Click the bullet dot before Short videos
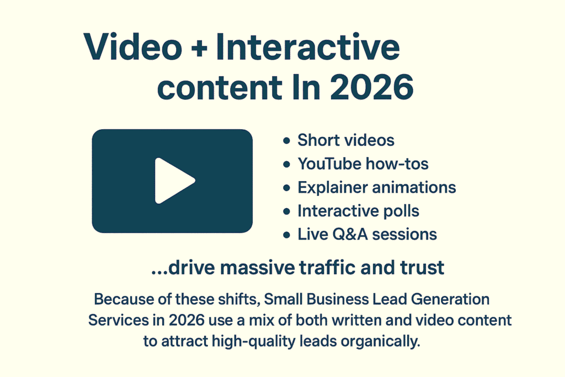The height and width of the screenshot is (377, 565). [286, 141]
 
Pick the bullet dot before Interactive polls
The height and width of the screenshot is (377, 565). [286, 211]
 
